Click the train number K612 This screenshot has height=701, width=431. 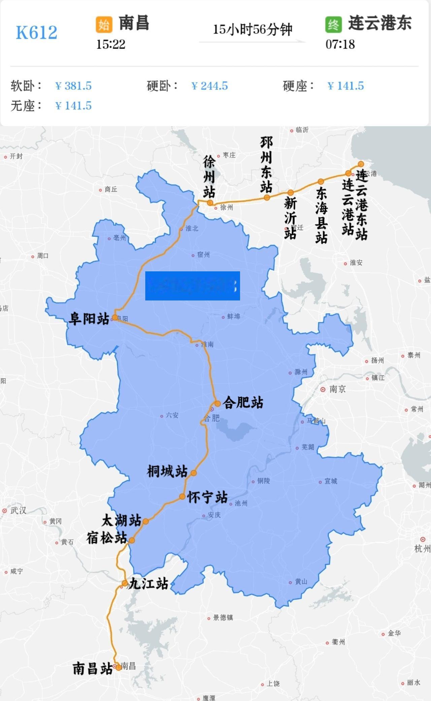(x=36, y=33)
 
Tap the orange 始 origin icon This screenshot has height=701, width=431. (x=104, y=25)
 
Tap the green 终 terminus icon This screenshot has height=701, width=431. (x=333, y=25)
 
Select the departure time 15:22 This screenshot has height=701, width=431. (x=111, y=44)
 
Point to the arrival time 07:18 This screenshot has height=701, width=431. (x=340, y=44)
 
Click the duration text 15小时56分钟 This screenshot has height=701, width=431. (x=252, y=30)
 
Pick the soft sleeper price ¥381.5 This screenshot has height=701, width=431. (x=73, y=86)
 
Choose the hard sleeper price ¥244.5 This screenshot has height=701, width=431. (x=209, y=86)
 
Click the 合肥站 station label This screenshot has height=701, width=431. (x=243, y=402)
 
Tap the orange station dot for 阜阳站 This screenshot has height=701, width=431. (x=115, y=317)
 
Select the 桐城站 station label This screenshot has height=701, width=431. (x=167, y=471)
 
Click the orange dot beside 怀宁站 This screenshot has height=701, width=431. (x=182, y=496)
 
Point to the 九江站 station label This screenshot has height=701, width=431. (x=148, y=584)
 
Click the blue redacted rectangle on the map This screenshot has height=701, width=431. (x=192, y=286)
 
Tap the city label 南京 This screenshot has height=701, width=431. (x=337, y=389)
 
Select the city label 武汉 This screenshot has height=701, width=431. (x=18, y=511)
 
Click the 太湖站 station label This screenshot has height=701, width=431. (x=122, y=521)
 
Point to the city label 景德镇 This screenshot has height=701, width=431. (x=223, y=618)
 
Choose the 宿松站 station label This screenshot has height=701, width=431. (x=107, y=538)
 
